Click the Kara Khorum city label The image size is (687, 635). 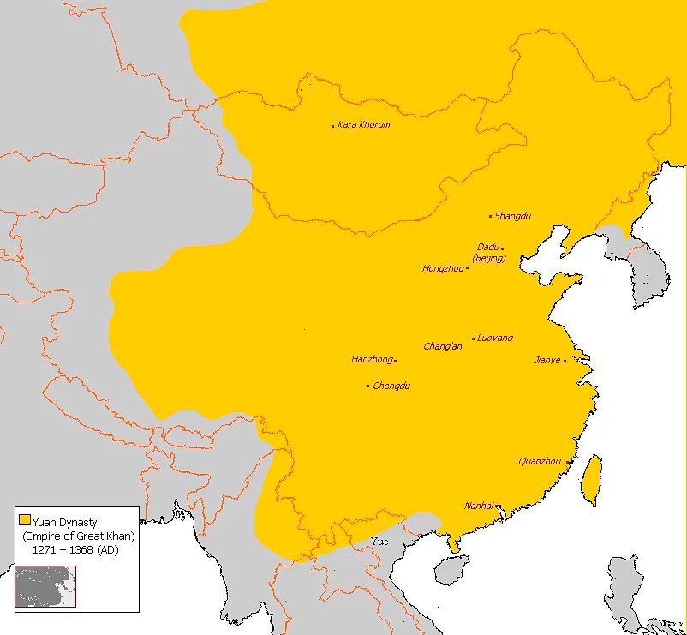pyautogui.click(x=364, y=125)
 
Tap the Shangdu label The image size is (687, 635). pyautogui.click(x=513, y=216)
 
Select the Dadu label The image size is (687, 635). pyautogui.click(x=487, y=248)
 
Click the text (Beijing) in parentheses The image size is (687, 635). pyautogui.click(x=489, y=258)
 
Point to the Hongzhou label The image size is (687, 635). pyautogui.click(x=442, y=269)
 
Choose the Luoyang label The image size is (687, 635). pyautogui.click(x=495, y=338)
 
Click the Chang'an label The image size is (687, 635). pyautogui.click(x=443, y=347)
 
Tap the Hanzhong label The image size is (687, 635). pyautogui.click(x=372, y=360)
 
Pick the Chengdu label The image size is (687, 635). pyautogui.click(x=391, y=386)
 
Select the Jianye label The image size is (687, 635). pyautogui.click(x=547, y=361)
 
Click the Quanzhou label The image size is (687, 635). pyautogui.click(x=540, y=462)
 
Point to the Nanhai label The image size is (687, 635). pyautogui.click(x=479, y=506)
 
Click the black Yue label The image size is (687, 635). pyautogui.click(x=379, y=542)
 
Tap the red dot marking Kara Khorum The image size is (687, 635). pyautogui.click(x=333, y=126)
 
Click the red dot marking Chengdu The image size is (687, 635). pyautogui.click(x=368, y=386)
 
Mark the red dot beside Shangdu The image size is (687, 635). pyautogui.click(x=491, y=217)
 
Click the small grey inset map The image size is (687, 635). pyautogui.click(x=45, y=586)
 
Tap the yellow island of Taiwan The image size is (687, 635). pyautogui.click(x=591, y=480)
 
